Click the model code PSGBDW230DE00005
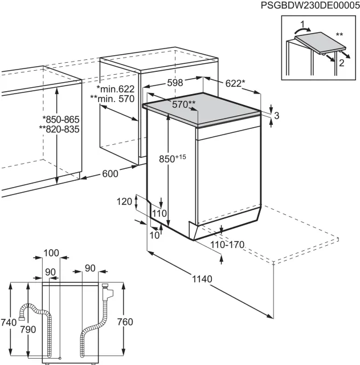[310, 5]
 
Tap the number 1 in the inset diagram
[302, 24]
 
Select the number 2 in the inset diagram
[341, 63]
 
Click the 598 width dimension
[175, 82]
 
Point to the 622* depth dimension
[235, 83]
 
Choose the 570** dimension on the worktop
[184, 104]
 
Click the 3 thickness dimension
[276, 115]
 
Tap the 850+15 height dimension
[173, 159]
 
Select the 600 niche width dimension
[111, 173]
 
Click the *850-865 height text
[61, 119]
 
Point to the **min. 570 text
[112, 99]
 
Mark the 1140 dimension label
[202, 279]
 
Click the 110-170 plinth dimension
[227, 245]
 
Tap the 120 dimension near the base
[124, 201]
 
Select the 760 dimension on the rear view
[125, 322]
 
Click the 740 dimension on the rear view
[9, 322]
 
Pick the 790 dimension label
[28, 330]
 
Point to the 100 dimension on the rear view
[51, 253]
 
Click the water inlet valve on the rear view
[107, 291]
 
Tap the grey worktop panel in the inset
[320, 43]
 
